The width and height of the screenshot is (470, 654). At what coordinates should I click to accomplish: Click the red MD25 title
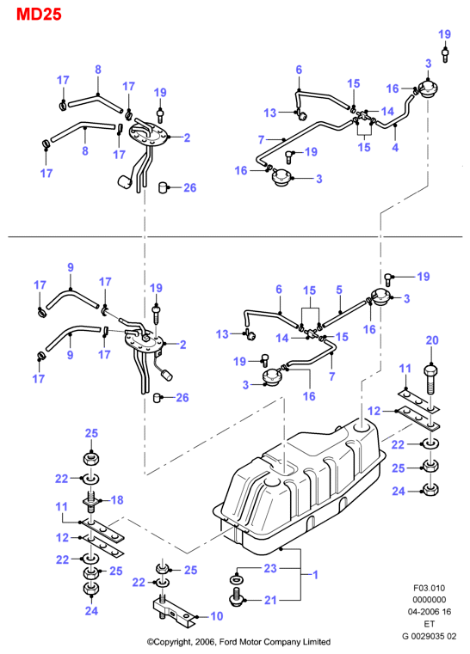[39, 15]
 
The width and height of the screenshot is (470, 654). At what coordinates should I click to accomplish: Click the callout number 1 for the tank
[315, 575]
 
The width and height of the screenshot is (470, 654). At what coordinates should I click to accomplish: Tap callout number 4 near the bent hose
[395, 147]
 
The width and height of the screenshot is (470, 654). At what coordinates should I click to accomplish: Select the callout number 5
[339, 290]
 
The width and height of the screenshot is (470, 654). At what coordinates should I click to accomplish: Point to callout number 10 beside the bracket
[216, 616]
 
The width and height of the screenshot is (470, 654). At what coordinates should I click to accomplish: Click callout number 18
[117, 499]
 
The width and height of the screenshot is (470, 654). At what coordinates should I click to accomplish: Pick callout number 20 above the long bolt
[432, 340]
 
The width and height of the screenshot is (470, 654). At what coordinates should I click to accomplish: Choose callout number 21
[270, 600]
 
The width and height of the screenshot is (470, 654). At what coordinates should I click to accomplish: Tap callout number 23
[270, 568]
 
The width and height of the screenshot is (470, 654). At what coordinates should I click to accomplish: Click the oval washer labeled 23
[237, 580]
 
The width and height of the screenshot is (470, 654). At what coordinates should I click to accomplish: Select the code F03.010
[429, 588]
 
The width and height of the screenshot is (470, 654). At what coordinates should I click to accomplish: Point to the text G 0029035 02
[429, 637]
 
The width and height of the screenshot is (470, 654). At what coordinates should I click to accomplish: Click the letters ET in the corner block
[429, 625]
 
